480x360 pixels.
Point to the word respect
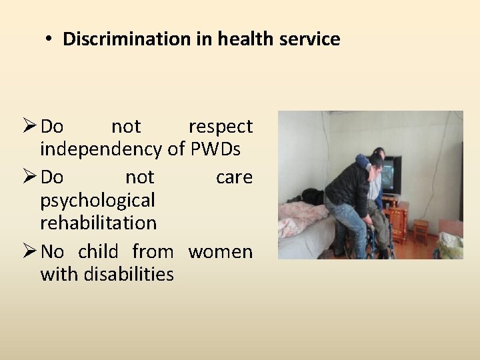221,127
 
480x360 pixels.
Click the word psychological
97,200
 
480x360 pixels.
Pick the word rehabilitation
98,223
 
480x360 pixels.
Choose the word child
98,252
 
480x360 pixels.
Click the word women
221,252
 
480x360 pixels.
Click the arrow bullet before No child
29,252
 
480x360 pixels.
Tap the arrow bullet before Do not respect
29,126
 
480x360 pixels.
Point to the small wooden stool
420,232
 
